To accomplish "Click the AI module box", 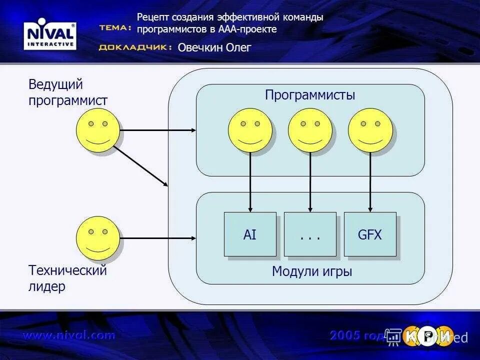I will (250, 234).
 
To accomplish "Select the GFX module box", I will (370, 234).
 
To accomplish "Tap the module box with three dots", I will (310, 234).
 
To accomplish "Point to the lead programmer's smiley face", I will (97, 130).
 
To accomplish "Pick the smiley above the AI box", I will (250, 130).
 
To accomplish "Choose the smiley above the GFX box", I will (370, 130).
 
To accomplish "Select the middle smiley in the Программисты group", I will (310, 130).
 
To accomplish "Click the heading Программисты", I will (310, 95).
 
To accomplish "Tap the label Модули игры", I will (312, 271).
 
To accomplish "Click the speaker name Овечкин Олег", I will (214, 47).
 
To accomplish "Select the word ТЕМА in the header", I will (115, 28).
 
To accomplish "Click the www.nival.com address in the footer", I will (68, 335).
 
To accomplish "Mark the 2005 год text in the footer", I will (357, 335).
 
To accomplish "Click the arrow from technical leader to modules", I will (158, 238).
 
